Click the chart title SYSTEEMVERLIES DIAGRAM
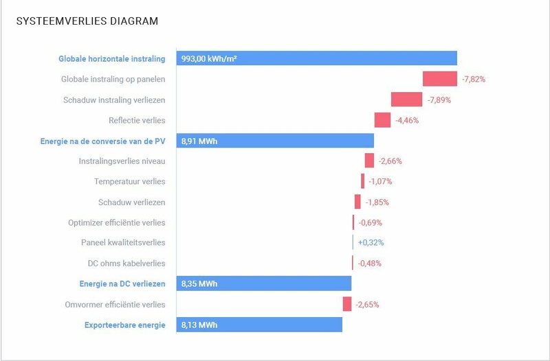(87, 21)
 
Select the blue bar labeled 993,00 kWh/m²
(316, 58)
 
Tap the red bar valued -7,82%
(440, 79)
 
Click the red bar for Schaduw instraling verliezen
(406, 100)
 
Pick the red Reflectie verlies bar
(382, 120)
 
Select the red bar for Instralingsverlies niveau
(369, 161)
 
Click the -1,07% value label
(381, 181)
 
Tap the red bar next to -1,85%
(357, 202)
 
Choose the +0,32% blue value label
(371, 242)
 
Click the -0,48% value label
(369, 263)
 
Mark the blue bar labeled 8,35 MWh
(263, 283)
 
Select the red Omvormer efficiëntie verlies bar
(347, 304)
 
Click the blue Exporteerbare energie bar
(259, 325)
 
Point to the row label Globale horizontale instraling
(112, 59)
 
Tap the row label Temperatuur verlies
(130, 182)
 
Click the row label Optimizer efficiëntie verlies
(117, 222)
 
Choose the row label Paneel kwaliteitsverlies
(123, 243)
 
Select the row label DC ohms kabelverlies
(126, 263)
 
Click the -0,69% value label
(370, 222)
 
